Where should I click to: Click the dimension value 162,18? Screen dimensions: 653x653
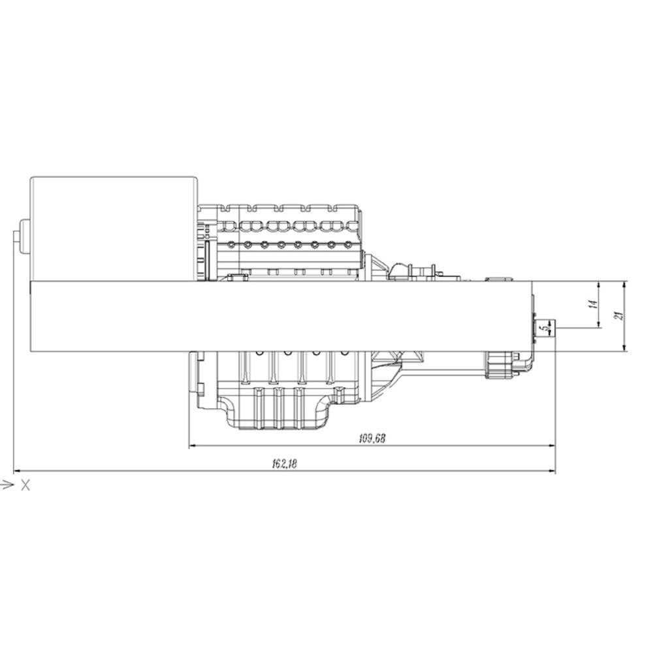[283, 464]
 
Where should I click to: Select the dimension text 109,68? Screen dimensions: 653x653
[372, 439]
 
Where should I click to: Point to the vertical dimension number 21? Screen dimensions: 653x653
[619, 315]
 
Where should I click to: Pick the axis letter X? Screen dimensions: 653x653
[25, 485]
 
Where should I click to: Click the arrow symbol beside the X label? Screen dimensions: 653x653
[7, 485]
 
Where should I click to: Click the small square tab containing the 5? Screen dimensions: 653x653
[543, 328]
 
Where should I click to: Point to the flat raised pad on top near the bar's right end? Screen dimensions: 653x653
[499, 278]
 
